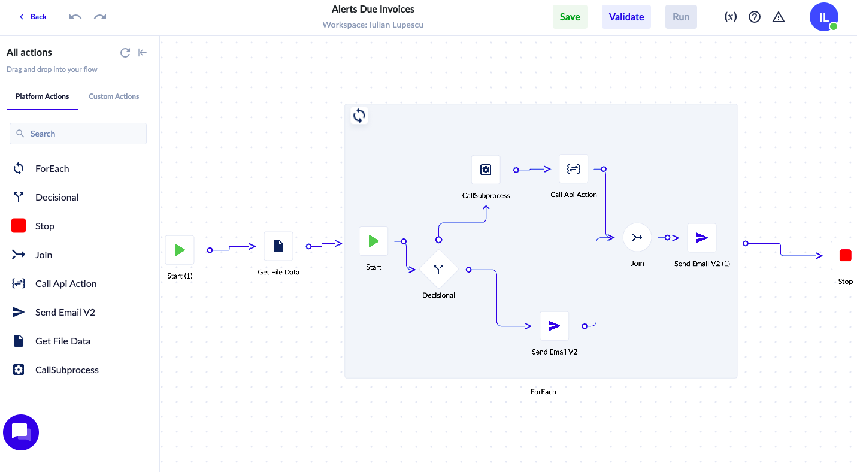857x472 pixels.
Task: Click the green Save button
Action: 570,17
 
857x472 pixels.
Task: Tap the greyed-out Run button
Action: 681,17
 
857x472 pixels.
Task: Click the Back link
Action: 33,16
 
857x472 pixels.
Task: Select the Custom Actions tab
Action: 114,96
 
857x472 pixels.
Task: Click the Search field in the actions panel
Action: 78,134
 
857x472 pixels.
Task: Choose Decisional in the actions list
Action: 57,197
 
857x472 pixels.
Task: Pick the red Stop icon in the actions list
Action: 19,226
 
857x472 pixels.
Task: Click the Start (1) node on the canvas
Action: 180,250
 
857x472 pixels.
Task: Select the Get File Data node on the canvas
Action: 278,246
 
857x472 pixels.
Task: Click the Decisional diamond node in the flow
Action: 438,269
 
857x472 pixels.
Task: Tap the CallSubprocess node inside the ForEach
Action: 486,170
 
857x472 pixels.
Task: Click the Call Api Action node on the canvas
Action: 573,169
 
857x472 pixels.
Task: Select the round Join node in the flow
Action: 637,237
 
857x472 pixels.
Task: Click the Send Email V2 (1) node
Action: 702,238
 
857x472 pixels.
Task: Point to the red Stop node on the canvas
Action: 845,255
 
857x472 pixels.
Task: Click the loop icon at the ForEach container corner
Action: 359,116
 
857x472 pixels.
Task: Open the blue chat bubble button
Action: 20,432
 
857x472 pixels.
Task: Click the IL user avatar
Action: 823,17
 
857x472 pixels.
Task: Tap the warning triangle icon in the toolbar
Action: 778,17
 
